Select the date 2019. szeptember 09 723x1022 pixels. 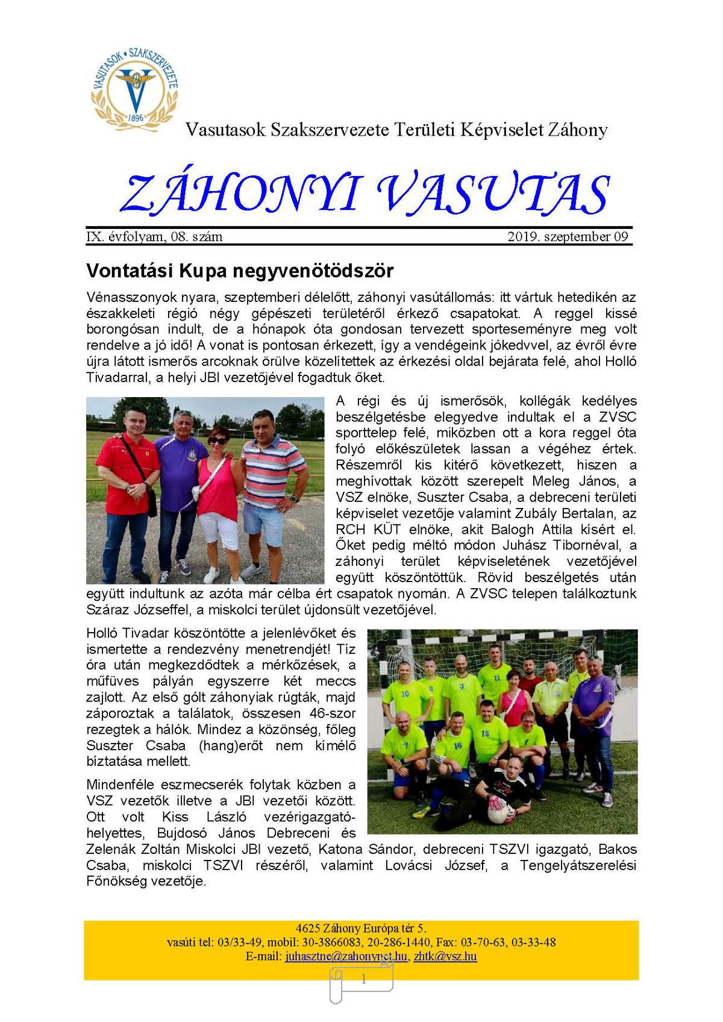point(568,237)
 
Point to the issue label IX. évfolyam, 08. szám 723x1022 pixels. point(155,237)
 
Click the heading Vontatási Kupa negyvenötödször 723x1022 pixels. point(240,271)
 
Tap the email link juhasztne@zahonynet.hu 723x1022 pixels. point(346,956)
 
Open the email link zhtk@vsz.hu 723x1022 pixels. point(445,956)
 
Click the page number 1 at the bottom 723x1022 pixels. point(363,980)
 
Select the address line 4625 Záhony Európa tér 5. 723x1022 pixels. point(361,929)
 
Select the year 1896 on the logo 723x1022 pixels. point(135,118)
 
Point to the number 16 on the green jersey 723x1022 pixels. point(458,745)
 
